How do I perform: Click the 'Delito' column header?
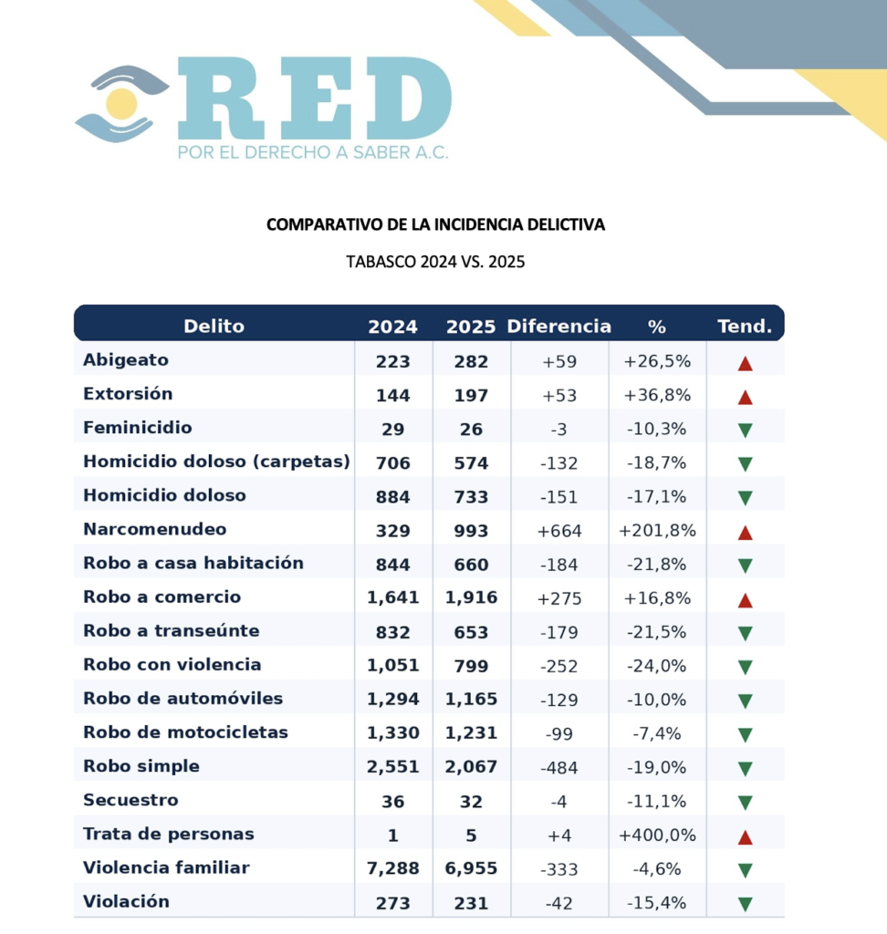(214, 326)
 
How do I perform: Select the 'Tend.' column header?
(745, 326)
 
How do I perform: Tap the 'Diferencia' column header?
(558, 326)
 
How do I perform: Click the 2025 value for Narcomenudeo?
(471, 531)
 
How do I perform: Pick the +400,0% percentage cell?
(657, 835)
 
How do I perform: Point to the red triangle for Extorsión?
(745, 397)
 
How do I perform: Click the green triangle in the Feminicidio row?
(745, 431)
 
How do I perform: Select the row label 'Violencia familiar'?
(166, 867)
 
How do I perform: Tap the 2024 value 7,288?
(393, 868)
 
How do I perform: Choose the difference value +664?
(558, 531)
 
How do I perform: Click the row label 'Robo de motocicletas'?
(185, 732)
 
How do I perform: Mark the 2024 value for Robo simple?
(393, 767)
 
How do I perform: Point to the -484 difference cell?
(558, 767)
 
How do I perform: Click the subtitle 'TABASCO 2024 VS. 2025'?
(435, 262)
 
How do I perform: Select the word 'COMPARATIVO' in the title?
(318, 223)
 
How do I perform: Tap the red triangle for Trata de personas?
(745, 835)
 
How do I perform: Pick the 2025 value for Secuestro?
(471, 801)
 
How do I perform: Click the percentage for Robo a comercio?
(657, 598)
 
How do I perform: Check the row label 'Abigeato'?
(126, 360)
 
